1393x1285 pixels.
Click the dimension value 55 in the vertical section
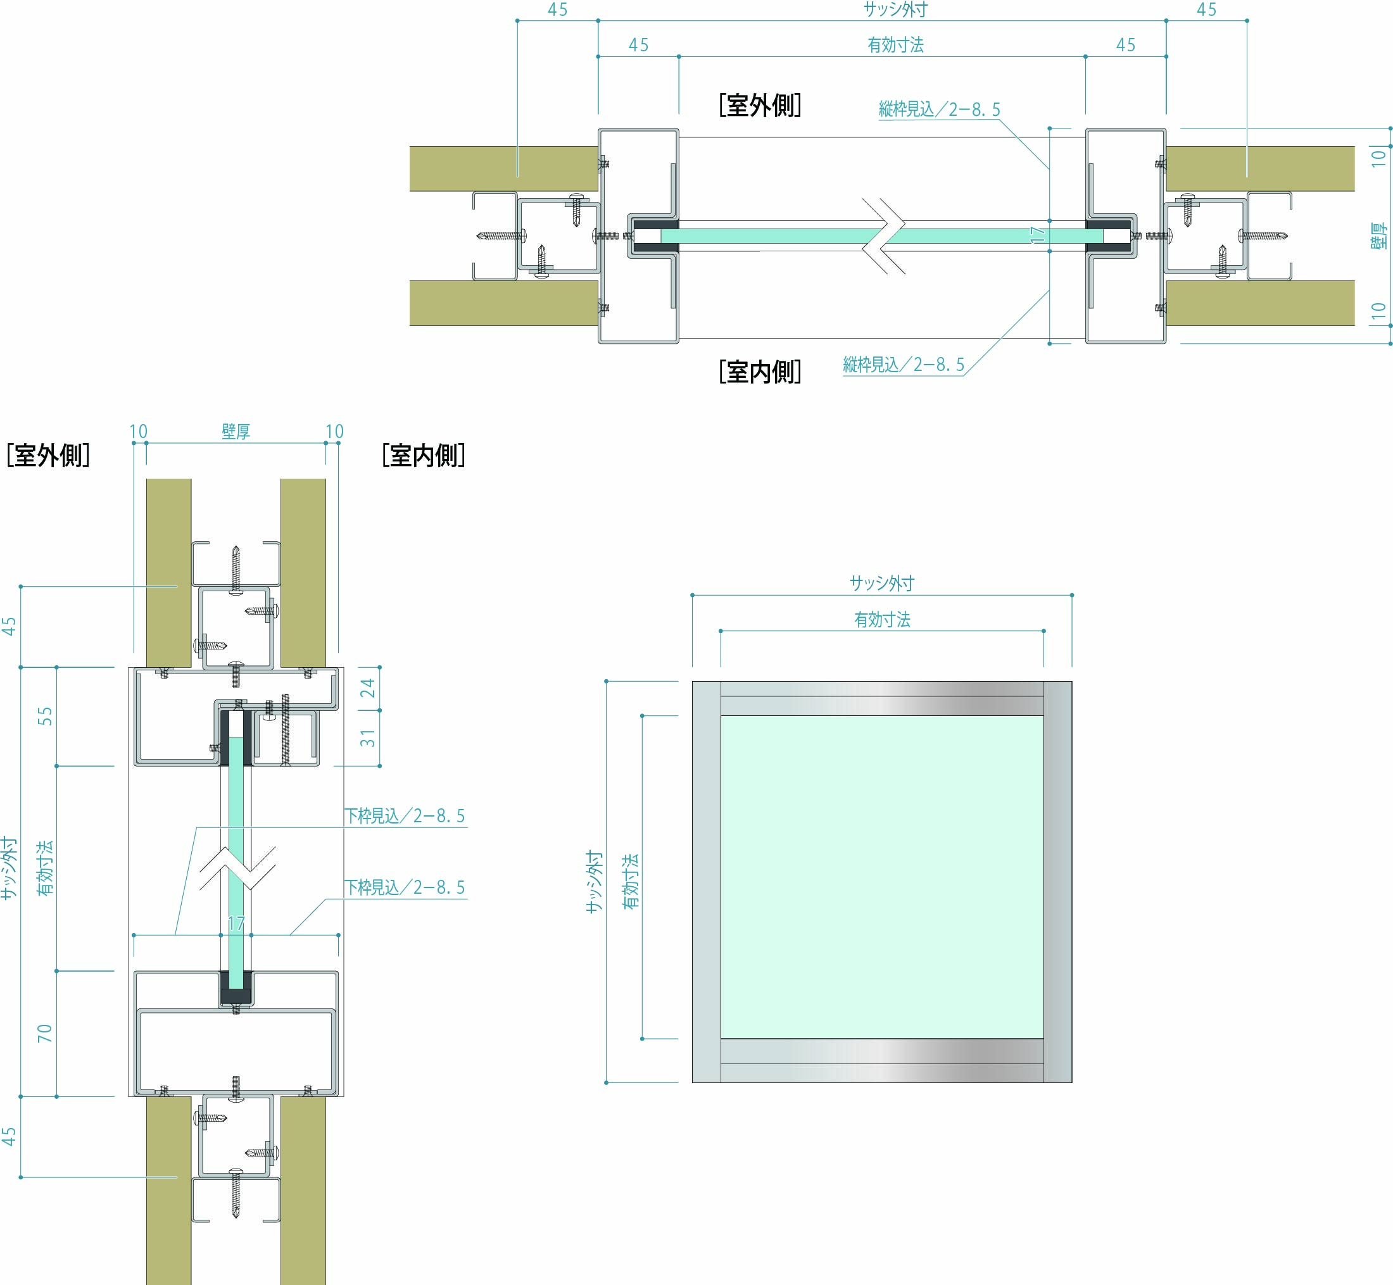point(44,715)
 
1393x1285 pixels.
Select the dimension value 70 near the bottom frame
point(44,1032)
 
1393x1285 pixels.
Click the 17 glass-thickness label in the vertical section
point(236,924)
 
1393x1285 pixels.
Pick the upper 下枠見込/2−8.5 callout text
point(405,816)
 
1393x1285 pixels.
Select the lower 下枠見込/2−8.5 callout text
point(405,887)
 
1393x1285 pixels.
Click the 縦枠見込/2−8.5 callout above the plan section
point(939,109)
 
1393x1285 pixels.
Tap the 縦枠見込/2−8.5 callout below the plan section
point(904,365)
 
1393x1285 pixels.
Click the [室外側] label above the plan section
point(759,106)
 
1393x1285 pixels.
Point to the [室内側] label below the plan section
point(759,372)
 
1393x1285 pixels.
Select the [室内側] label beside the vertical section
point(423,456)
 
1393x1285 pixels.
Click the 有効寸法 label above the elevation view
point(882,619)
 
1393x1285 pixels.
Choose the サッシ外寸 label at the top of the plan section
point(895,9)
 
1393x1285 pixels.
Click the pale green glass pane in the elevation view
point(882,876)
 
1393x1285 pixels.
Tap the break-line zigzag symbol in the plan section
point(884,235)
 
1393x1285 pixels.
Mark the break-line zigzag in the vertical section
point(237,868)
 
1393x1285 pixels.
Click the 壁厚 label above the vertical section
point(236,432)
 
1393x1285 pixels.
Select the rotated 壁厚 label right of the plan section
point(1378,235)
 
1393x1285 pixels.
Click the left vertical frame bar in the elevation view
point(706,882)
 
